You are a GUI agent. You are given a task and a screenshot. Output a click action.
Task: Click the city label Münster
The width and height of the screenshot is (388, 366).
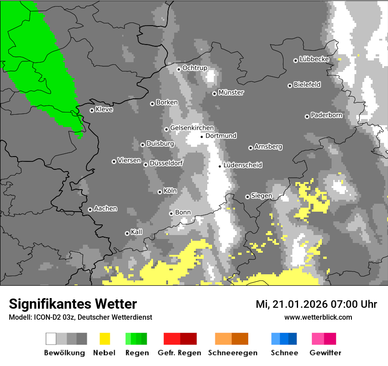[x=231, y=93]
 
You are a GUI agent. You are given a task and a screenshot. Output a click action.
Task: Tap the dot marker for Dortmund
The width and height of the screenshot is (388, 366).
[x=201, y=137]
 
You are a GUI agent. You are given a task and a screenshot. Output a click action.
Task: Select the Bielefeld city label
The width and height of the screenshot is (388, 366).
[x=307, y=85]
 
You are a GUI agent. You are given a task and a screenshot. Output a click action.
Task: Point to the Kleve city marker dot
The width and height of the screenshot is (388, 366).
[x=92, y=110]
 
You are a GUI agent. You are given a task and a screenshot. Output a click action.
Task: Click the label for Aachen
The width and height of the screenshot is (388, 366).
[x=106, y=209]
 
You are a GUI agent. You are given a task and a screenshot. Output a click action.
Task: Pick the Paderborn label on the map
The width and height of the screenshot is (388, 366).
[x=327, y=116]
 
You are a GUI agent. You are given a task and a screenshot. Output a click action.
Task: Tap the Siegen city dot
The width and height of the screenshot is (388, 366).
[x=247, y=197]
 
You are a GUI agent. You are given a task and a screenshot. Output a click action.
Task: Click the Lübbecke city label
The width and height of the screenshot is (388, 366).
[x=314, y=59]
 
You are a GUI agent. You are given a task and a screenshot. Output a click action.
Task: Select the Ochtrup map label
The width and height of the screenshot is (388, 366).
[x=195, y=68]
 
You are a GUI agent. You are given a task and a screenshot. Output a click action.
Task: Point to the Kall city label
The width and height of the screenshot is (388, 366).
[x=137, y=232]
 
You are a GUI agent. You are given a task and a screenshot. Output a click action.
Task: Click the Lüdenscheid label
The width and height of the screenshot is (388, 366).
[x=243, y=165]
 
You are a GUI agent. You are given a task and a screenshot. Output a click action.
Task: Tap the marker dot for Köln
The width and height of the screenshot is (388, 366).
[x=160, y=192]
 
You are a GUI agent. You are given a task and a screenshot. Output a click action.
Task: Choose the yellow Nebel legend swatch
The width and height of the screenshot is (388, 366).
[x=104, y=339]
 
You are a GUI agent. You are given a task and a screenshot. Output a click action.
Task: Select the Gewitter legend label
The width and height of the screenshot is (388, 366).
[x=325, y=353]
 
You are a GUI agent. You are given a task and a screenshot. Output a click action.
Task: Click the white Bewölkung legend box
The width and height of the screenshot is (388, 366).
[x=51, y=339]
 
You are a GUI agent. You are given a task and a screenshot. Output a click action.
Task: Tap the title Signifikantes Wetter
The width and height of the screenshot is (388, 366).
[x=73, y=304]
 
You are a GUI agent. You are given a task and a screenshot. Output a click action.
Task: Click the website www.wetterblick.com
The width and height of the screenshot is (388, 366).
[x=318, y=317]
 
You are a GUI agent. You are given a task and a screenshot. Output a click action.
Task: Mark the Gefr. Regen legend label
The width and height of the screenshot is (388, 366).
[x=179, y=353]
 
